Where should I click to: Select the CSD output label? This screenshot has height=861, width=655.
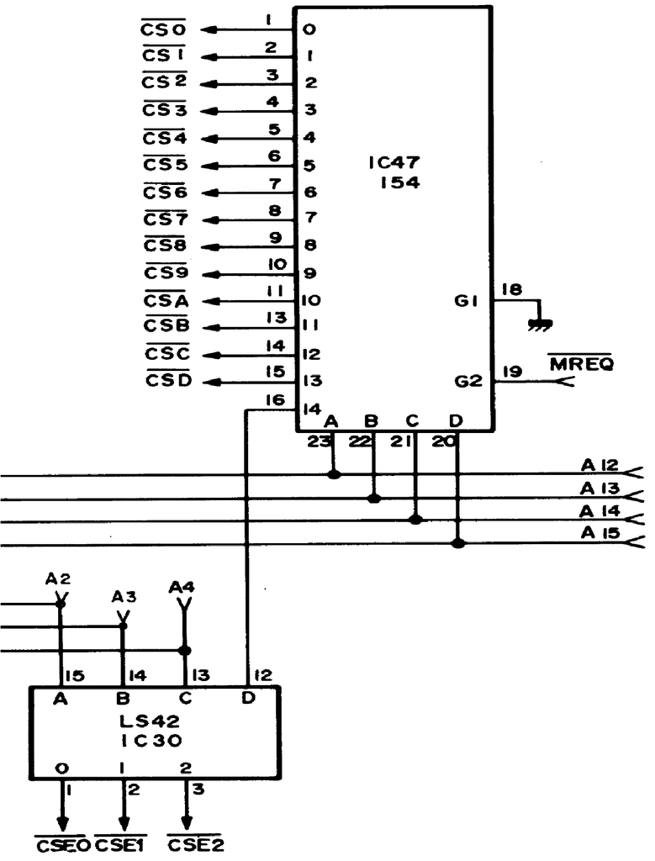pos(166,381)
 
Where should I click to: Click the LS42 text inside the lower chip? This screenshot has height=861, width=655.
pos(151,721)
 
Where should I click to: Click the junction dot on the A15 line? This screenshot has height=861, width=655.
pos(458,543)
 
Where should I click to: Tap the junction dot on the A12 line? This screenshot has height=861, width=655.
pos(334,474)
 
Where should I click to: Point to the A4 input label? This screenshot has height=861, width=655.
pos(181,585)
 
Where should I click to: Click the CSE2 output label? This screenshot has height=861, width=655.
pos(196,844)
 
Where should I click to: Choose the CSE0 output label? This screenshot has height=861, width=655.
pos(62,844)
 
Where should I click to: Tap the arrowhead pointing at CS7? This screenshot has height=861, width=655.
pos(212,219)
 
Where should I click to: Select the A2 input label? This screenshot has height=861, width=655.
pos(57,578)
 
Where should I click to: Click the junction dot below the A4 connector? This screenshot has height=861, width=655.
pos(184,651)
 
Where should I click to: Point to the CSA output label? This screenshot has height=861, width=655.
pos(166,300)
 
